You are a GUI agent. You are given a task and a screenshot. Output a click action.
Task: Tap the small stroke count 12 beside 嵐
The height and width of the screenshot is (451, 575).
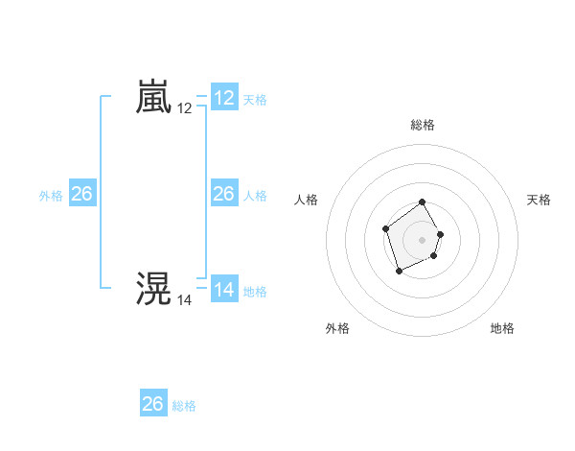[185, 109]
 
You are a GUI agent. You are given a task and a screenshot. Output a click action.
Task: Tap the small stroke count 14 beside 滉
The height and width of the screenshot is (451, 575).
[185, 300]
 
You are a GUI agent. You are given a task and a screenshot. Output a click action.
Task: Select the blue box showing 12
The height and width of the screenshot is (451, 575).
[224, 98]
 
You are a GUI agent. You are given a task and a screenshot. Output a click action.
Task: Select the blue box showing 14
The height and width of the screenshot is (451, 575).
[224, 290]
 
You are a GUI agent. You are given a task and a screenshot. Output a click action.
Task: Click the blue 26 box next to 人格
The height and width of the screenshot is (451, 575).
[224, 194]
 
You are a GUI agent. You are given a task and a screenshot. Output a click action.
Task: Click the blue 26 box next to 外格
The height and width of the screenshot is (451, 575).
[82, 194]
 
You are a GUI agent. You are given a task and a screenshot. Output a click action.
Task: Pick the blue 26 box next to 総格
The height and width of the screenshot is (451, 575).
[153, 404]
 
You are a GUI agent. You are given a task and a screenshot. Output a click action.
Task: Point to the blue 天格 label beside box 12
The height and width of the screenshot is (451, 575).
[255, 100]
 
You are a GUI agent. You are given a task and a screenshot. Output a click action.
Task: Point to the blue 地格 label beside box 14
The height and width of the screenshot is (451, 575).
[255, 292]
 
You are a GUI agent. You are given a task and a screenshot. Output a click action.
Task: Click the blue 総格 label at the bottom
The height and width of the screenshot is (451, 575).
[184, 406]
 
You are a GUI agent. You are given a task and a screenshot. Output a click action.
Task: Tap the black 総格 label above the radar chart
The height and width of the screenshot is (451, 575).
[423, 125]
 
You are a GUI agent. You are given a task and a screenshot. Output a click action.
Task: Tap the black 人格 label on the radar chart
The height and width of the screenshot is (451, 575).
[307, 200]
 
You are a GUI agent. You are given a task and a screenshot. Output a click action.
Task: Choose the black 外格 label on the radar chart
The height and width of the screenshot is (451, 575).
[337, 328]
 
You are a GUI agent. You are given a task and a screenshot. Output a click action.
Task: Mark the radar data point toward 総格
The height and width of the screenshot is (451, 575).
[423, 202]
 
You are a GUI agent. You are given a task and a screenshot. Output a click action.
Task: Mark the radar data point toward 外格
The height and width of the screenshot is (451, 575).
[399, 272]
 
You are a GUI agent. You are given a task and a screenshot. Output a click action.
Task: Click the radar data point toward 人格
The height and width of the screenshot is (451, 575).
[385, 228]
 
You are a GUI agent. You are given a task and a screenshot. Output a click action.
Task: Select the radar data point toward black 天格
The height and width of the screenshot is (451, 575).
[441, 234]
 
